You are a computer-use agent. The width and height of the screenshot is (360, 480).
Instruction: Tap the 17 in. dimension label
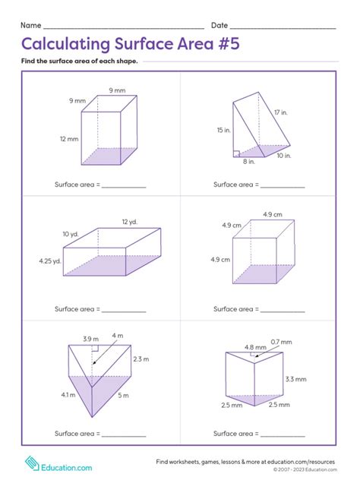pos(281,112)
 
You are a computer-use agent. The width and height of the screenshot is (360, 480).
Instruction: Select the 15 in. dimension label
pos(223,130)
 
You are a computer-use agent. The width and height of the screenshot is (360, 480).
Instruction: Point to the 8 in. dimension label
pos(249,161)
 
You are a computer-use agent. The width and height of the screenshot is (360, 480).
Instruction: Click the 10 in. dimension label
pos(284,155)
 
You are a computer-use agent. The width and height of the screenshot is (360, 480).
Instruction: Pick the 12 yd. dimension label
pos(128,222)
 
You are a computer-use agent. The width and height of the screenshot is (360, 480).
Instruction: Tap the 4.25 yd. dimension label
pos(50,261)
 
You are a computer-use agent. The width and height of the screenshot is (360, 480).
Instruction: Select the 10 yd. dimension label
pos(71,233)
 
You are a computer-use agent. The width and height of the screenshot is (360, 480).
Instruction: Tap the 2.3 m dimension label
pos(141,358)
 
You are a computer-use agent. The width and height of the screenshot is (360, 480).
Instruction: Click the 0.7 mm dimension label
pos(280,342)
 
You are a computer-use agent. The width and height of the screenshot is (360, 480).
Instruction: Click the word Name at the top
pos(31,26)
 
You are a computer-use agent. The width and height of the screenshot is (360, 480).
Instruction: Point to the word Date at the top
pos(219,26)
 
